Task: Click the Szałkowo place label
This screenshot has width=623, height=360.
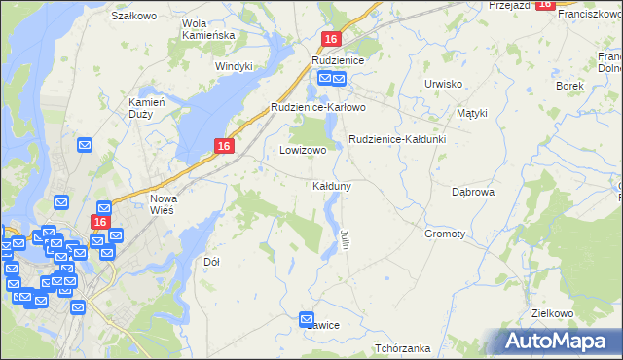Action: [134, 16]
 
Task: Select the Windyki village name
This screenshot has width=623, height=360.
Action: [234, 66]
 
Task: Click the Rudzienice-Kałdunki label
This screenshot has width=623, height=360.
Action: [397, 139]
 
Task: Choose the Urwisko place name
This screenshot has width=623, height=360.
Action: [443, 84]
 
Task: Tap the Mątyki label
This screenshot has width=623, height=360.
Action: [471, 113]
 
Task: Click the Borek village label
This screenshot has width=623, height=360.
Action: [568, 86]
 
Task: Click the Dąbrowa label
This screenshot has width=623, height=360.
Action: [474, 192]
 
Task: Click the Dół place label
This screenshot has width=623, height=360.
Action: [211, 262]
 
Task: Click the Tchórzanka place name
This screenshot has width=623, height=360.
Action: [402, 347]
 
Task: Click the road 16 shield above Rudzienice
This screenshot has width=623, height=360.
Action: [332, 39]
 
